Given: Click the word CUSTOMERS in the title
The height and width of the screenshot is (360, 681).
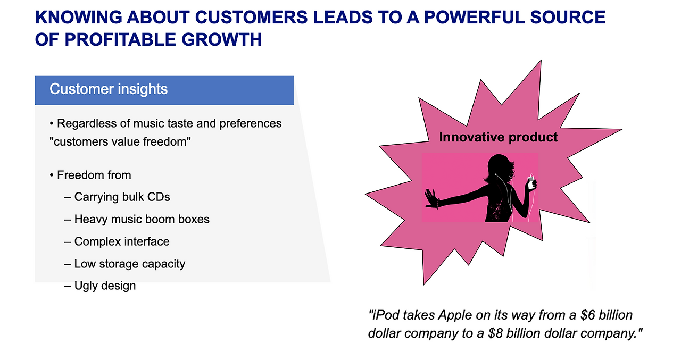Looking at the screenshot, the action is click(251, 18).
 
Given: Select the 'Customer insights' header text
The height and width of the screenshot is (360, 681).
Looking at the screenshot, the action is click(109, 89).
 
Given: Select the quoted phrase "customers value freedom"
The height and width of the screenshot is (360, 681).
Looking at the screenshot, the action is click(120, 142).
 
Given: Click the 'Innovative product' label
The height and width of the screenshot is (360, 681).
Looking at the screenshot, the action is click(499, 137).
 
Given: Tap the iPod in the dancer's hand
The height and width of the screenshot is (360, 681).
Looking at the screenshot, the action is click(531, 183).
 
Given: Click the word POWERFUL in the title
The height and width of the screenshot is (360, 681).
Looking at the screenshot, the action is click(475, 18).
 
